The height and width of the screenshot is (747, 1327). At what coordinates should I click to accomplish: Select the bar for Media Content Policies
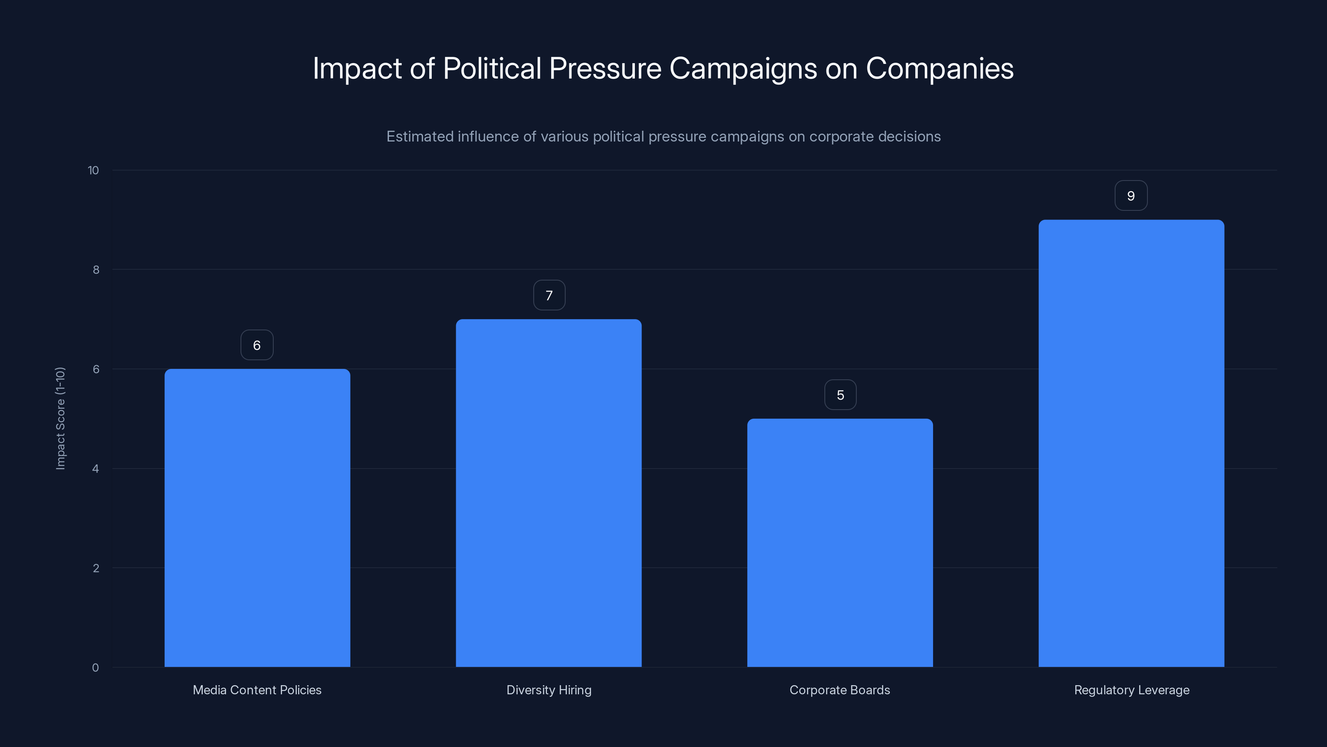[x=257, y=518]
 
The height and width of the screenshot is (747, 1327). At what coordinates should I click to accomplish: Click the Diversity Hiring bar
[x=549, y=493]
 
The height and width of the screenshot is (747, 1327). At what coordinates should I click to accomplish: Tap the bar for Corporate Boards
[x=840, y=542]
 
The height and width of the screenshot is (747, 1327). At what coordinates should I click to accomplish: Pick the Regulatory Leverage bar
[x=1131, y=443]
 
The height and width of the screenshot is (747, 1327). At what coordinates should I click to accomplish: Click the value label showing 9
[x=1131, y=196]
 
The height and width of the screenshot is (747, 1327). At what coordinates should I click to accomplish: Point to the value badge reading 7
[x=549, y=295]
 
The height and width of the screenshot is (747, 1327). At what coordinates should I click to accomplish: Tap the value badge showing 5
[x=840, y=395]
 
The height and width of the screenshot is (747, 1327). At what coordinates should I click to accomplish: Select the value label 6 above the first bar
[x=257, y=345]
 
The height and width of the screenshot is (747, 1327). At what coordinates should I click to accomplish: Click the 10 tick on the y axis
[x=93, y=171]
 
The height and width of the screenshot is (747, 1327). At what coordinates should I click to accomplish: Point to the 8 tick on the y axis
[x=96, y=270]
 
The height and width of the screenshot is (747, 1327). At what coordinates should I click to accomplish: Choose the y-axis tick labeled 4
[x=95, y=469]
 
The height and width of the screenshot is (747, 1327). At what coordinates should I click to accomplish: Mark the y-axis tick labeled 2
[x=96, y=568]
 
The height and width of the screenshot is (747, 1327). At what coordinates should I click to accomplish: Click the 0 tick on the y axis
[x=95, y=668]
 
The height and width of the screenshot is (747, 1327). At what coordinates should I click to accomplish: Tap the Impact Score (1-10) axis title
[x=60, y=418]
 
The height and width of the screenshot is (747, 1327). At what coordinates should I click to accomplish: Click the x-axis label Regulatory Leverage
[x=1132, y=690]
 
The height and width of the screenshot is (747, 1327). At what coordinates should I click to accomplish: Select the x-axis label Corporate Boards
[x=840, y=690]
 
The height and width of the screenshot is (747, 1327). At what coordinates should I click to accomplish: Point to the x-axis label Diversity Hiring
[x=549, y=690]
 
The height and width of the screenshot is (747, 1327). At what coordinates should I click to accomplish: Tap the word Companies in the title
[x=940, y=68]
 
